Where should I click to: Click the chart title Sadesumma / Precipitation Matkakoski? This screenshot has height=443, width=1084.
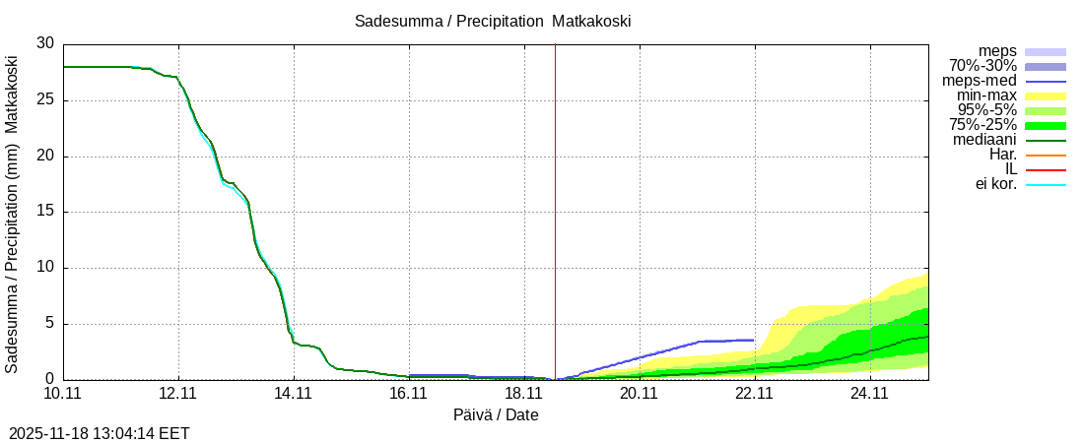493,21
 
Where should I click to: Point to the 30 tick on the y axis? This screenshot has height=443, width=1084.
46,44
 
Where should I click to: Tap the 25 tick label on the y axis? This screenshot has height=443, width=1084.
46,100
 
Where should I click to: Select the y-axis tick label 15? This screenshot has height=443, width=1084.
46,212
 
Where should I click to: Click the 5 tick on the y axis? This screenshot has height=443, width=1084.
50,324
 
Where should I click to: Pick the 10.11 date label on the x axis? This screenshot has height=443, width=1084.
63,394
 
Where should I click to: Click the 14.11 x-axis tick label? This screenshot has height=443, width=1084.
294,394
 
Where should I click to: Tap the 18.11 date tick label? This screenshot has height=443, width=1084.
524,394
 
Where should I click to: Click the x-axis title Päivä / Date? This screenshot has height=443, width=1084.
496,414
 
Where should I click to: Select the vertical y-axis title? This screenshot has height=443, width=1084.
12,212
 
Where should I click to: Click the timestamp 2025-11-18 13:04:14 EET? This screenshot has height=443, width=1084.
100,433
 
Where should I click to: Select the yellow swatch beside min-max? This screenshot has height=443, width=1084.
1046,96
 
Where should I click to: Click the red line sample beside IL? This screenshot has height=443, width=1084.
1046,170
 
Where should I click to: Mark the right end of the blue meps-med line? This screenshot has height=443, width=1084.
754,340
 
